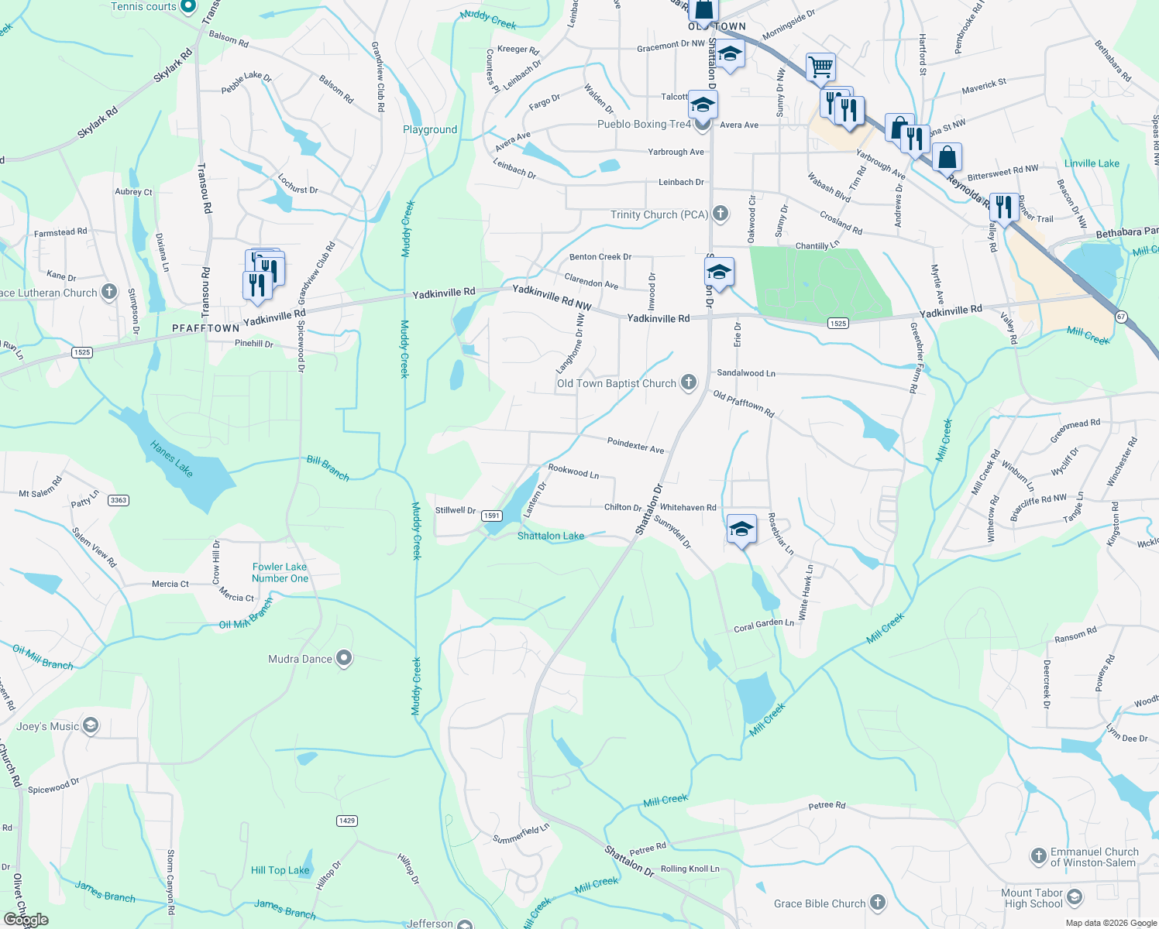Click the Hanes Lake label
click(171, 458)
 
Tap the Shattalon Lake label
click(551, 536)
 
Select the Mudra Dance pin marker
click(345, 659)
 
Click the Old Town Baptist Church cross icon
click(689, 382)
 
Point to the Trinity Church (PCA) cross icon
click(721, 214)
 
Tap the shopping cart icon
click(820, 67)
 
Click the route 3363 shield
click(119, 500)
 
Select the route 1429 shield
click(347, 821)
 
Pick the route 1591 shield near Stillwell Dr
click(491, 516)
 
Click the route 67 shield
click(1121, 317)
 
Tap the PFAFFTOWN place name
click(206, 328)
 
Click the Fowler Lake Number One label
click(280, 573)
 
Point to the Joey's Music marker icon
click(91, 725)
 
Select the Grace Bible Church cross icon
click(877, 902)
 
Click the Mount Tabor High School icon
click(1075, 897)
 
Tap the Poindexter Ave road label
click(635, 445)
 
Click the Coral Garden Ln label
click(763, 626)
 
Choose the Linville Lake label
click(1092, 163)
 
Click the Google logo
click(26, 920)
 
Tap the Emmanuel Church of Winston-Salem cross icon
click(1038, 856)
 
